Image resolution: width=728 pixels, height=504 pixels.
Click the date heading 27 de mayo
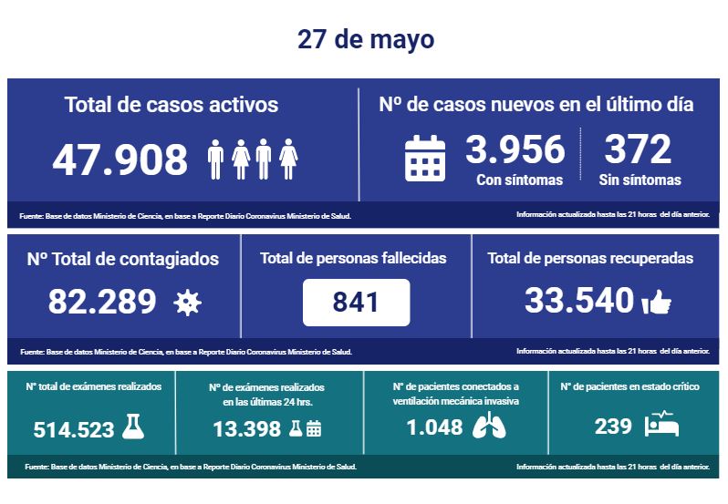(365, 40)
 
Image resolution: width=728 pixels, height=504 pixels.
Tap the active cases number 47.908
(120, 159)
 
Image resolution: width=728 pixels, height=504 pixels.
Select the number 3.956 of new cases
(516, 149)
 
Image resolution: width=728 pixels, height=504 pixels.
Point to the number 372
(637, 149)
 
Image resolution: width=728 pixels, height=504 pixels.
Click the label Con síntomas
(519, 180)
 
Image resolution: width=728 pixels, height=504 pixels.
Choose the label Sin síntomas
(640, 180)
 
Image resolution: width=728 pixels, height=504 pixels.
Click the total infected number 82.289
(101, 301)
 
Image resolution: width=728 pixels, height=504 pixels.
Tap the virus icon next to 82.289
(187, 303)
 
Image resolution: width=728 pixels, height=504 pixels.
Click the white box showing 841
(356, 303)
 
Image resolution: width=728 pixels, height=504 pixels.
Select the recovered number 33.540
(578, 300)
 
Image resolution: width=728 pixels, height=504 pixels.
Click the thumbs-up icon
(656, 303)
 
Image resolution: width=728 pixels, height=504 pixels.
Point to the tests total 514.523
(74, 429)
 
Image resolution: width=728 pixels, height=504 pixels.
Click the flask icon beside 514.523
(133, 427)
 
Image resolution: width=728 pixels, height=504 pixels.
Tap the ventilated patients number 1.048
(434, 427)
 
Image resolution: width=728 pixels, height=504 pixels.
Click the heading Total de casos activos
(172, 104)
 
